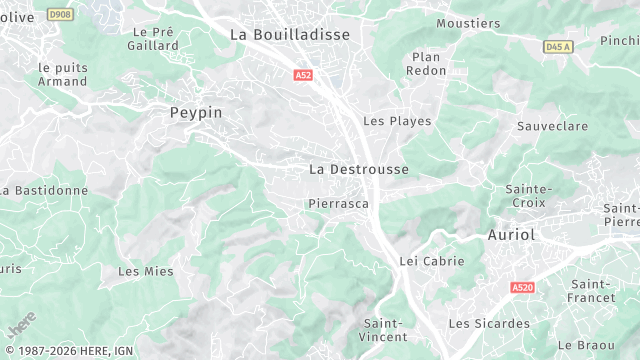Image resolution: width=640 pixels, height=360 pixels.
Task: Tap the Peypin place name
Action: click(196, 113)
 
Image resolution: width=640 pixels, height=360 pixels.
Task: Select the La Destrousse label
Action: click(359, 169)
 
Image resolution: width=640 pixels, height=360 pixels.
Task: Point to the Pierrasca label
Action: click(338, 203)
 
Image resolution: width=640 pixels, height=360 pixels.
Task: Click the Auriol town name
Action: click(511, 234)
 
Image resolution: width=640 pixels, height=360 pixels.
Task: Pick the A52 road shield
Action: click(303, 75)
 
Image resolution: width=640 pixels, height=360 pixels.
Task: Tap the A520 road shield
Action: click(521, 287)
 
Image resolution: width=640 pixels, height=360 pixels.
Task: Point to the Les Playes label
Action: click(397, 121)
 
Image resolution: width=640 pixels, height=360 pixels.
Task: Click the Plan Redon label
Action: click(426, 64)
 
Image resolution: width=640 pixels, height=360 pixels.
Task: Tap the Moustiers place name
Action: click(468, 23)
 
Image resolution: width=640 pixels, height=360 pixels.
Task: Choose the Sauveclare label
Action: click(551, 127)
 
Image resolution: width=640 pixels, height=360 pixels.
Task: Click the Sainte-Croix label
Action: click(529, 195)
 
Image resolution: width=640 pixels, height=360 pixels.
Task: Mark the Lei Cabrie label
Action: click(432, 261)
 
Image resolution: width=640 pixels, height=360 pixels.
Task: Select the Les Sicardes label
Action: click(489, 323)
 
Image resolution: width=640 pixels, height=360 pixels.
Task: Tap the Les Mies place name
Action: click(146, 271)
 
